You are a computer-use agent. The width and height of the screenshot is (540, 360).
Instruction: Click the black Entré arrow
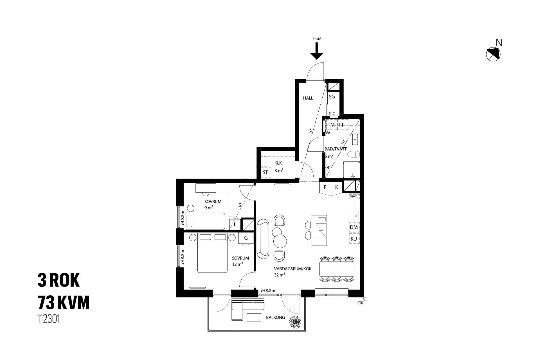(317, 51)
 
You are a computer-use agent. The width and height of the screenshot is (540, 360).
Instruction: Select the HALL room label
(308, 98)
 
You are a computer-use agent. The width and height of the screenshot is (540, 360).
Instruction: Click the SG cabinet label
(332, 97)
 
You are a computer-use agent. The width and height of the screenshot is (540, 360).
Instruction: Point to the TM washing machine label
(331, 125)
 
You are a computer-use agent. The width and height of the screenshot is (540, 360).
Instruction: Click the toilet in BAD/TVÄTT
(354, 154)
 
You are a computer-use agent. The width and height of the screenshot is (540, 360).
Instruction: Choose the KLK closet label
(278, 163)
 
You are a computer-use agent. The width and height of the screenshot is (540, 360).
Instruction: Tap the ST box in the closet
(265, 172)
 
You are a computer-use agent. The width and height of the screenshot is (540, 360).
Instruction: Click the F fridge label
(325, 187)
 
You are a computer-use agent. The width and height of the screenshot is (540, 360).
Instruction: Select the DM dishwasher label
(354, 227)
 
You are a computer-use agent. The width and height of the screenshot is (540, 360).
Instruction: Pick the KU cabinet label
(354, 239)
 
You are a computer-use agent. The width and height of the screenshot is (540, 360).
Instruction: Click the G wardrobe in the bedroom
(246, 238)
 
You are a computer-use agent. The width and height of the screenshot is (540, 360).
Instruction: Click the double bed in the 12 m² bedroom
(212, 253)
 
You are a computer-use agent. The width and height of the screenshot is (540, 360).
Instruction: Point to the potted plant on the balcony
(295, 321)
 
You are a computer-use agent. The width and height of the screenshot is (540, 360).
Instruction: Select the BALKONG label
(275, 318)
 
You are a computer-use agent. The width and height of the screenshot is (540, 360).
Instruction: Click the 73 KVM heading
(64, 303)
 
